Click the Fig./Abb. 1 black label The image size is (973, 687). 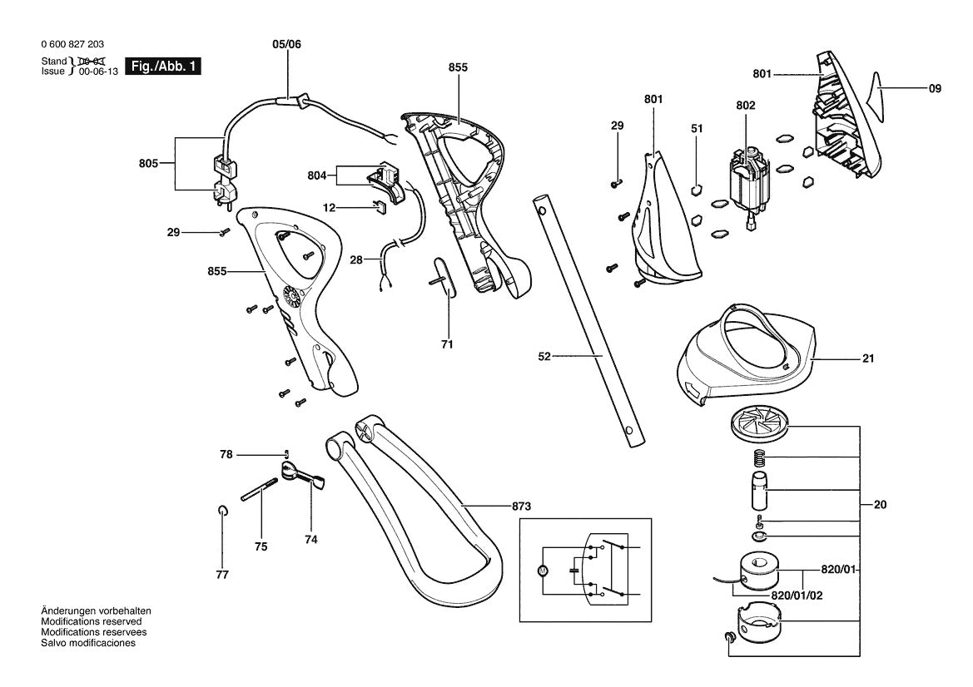163,67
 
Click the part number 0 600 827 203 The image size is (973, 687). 72,44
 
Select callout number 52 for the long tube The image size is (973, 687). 544,357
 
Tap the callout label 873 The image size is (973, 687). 521,507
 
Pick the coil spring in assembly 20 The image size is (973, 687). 759,459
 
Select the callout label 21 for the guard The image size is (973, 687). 867,358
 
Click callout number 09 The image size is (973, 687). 935,89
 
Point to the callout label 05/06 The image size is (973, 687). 286,44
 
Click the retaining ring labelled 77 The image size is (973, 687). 223,510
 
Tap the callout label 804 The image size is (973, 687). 317,175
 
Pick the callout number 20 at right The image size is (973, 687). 880,505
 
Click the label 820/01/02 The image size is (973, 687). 797,596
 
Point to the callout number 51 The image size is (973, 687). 697,128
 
